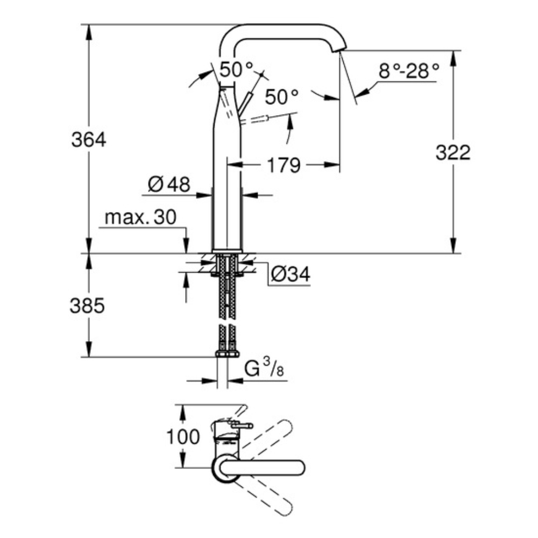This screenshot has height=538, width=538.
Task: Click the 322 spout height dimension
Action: tap(452, 153)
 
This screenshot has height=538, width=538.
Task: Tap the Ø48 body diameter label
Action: tap(168, 185)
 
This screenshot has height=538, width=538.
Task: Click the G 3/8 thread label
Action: tap(264, 370)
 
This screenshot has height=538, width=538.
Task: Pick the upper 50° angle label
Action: tap(235, 69)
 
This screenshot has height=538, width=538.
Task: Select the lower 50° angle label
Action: tap(281, 97)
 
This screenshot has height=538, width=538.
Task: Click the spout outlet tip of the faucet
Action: tap(339, 50)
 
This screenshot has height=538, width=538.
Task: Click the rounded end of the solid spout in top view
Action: tap(300, 468)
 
